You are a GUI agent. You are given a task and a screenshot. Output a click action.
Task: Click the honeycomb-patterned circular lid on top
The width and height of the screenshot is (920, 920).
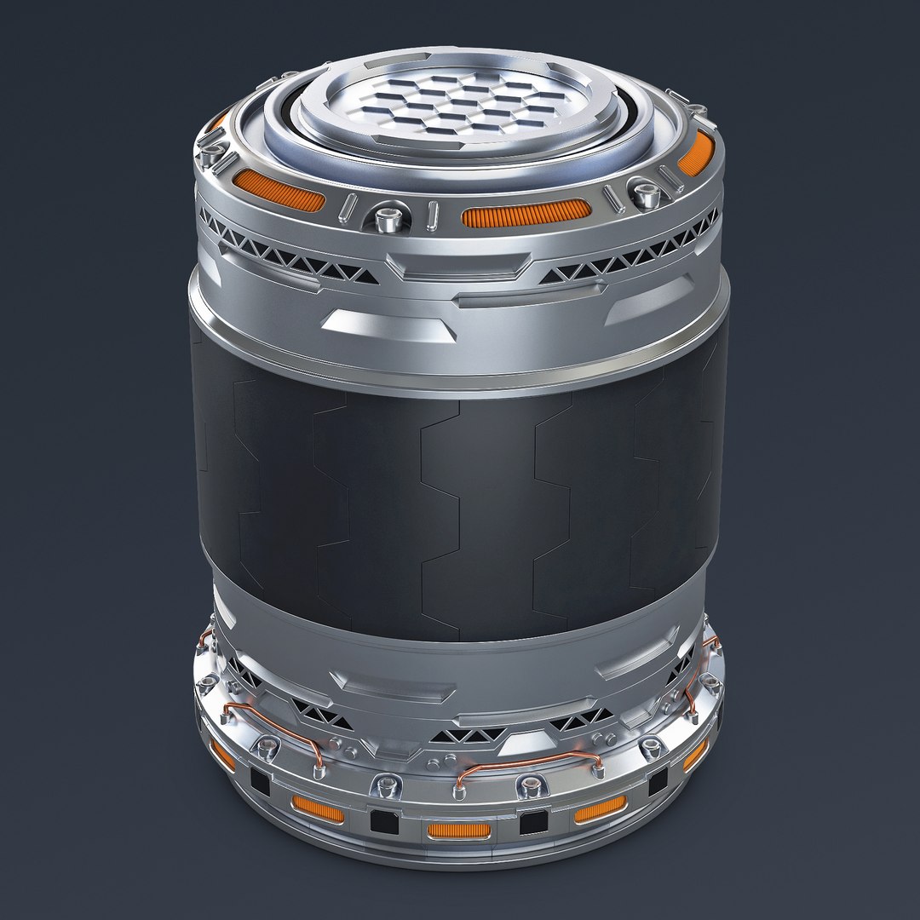453,111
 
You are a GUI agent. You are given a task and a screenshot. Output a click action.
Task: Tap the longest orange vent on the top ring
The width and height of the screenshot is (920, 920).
526,214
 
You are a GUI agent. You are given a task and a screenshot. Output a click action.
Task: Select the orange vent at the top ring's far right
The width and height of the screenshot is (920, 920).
695,152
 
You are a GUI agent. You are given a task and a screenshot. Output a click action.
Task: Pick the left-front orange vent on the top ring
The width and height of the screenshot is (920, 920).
279,190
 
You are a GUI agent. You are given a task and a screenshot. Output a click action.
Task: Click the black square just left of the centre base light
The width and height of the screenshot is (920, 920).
379,819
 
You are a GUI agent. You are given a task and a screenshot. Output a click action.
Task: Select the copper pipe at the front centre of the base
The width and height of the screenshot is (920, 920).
528,762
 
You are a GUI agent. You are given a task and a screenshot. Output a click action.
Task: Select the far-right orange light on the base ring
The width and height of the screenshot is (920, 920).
695,755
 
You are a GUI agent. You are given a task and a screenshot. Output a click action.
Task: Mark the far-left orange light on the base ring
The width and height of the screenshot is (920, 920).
223,753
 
